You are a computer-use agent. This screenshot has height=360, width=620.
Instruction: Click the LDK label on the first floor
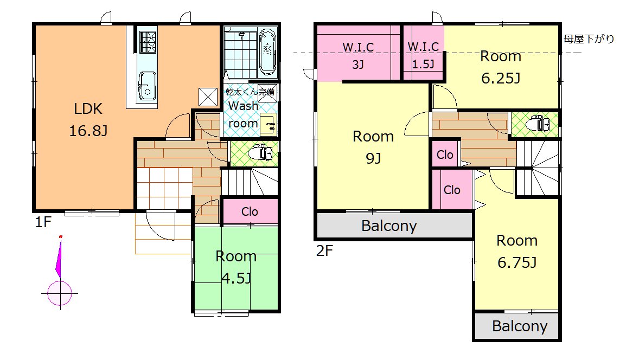(x=88, y=108)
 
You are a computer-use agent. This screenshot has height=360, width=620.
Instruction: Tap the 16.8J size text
(x=88, y=131)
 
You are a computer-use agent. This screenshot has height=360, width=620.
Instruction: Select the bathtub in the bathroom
(x=268, y=52)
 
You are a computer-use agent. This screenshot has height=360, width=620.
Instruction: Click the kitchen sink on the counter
(x=146, y=87)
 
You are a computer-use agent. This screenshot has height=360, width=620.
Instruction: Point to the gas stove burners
(x=148, y=42)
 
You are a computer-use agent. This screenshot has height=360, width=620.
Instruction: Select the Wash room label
(x=244, y=114)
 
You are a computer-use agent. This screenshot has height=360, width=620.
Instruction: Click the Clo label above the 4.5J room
(x=250, y=212)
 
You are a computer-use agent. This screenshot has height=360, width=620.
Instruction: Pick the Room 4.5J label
(x=236, y=267)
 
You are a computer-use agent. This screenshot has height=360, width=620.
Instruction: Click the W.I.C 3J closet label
(x=358, y=55)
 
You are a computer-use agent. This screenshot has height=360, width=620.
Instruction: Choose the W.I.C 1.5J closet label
(x=423, y=55)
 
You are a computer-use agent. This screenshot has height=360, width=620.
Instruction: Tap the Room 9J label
(x=373, y=147)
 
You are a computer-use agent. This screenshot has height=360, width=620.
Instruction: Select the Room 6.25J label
(x=501, y=67)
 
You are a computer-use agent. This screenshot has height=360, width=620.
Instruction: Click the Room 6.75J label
(x=517, y=252)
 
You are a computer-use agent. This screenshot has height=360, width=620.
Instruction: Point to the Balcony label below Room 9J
(x=389, y=226)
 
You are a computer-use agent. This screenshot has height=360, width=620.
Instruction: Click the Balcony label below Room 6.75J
(x=520, y=326)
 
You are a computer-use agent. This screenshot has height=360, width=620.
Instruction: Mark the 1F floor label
(x=43, y=222)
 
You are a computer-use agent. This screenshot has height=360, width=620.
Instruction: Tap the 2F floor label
(x=324, y=250)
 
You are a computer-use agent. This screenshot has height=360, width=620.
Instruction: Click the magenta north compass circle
(x=60, y=293)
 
